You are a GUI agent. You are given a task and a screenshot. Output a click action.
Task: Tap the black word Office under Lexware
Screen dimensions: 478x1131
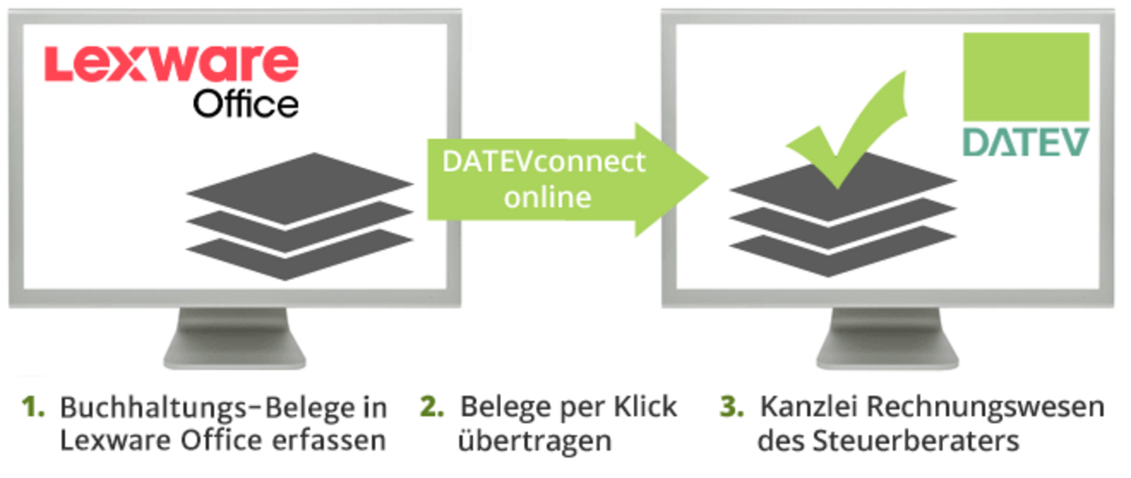[246, 104]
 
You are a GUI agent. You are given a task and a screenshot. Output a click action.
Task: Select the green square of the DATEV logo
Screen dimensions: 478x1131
[1026, 77]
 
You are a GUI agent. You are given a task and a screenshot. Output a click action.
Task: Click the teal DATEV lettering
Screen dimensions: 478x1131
[1026, 142]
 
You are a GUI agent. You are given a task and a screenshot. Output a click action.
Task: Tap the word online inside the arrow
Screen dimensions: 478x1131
[547, 197]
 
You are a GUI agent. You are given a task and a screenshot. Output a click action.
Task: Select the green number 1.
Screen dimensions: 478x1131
[33, 407]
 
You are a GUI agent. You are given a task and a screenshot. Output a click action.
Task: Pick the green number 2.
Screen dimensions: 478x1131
[432, 407]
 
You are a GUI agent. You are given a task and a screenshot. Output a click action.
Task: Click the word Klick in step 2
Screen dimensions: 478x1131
[646, 407]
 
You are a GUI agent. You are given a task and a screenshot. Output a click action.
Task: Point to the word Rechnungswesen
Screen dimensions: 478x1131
[985, 407]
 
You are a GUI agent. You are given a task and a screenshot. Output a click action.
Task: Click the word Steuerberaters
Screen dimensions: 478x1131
[916, 440]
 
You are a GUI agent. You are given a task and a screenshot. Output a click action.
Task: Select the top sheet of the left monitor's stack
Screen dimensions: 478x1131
[300, 185]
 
